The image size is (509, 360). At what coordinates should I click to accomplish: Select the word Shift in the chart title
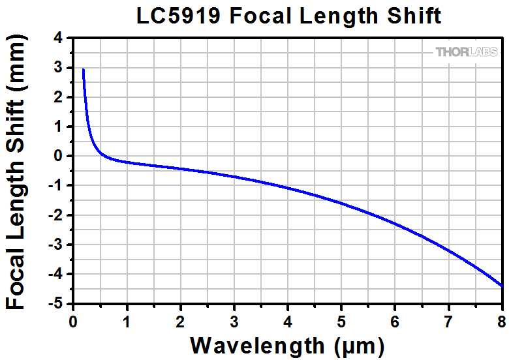pos(416,15)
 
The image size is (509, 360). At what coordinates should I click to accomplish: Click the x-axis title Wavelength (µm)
pos(287,344)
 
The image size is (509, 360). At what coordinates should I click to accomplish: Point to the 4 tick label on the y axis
pos(59,38)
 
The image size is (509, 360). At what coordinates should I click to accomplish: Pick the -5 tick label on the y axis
pos(56,304)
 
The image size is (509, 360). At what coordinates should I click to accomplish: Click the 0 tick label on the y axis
pos(59,156)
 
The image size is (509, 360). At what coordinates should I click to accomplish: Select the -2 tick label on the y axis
pos(56,215)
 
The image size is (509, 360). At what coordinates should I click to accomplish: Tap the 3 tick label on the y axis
pos(59,67)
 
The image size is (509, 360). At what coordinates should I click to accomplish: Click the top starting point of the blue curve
pos(84,69)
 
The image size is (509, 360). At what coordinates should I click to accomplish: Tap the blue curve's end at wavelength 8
pos(502,286)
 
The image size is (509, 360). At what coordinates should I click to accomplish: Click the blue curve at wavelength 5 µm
pos(341,203)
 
